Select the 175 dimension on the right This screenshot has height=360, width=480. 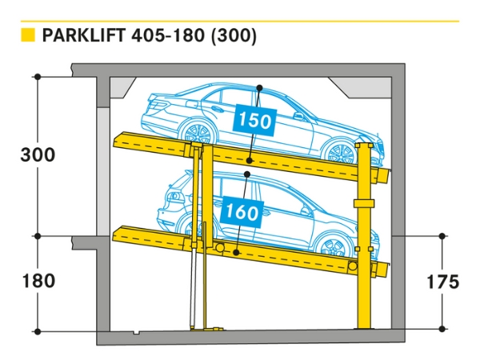pyautogui.click(x=443, y=282)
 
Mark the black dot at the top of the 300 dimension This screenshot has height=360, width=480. pyautogui.click(x=38, y=77)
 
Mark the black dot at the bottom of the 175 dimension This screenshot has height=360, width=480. pyautogui.click(x=443, y=328)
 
